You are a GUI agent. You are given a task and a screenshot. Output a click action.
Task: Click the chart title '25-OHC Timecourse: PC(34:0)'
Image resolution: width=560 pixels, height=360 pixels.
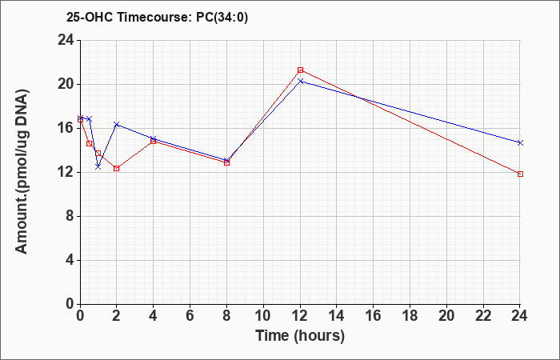click(x=157, y=17)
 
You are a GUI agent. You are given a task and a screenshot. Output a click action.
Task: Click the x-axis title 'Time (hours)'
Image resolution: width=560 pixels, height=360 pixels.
click(x=300, y=336)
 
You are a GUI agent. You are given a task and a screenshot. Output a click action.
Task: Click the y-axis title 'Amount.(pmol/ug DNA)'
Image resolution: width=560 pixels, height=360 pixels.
click(x=22, y=172)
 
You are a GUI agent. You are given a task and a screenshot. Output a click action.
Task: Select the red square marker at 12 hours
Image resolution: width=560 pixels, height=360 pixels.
click(x=300, y=70)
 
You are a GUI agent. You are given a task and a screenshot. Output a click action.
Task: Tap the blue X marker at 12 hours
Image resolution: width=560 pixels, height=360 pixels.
click(x=300, y=82)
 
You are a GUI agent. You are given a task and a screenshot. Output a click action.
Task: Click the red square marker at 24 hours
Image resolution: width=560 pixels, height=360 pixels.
click(x=520, y=174)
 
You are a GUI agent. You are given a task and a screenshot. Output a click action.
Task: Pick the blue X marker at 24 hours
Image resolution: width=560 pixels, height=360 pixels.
click(x=520, y=142)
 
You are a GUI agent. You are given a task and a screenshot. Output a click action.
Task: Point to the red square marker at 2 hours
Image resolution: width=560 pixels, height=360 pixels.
click(x=117, y=168)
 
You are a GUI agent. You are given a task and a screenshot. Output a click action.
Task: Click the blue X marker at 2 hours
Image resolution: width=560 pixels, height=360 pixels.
click(x=117, y=124)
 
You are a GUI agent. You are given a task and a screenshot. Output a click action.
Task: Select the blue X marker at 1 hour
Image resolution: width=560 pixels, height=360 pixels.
click(x=98, y=166)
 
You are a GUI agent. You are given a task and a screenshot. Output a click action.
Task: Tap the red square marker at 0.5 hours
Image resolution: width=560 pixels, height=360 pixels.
click(x=90, y=143)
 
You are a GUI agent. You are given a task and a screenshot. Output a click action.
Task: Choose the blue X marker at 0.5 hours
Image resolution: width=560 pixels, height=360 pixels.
click(x=90, y=118)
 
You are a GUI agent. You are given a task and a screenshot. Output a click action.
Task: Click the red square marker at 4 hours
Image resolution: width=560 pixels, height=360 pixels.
click(x=154, y=141)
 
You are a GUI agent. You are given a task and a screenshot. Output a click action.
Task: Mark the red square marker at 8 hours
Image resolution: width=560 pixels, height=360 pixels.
click(x=226, y=162)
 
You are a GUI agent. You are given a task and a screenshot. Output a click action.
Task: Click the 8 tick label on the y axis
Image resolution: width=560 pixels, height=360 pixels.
click(x=70, y=217)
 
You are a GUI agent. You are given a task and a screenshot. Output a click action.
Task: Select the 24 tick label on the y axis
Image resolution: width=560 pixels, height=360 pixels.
click(x=66, y=40)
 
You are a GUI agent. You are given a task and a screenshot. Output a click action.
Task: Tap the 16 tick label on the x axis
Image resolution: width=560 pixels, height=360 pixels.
click(x=374, y=316)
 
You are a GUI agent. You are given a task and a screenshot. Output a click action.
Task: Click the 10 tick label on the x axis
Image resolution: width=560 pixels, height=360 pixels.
click(x=263, y=316)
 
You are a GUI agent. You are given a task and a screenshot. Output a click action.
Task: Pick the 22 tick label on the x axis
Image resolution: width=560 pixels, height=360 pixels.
click(x=483, y=316)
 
